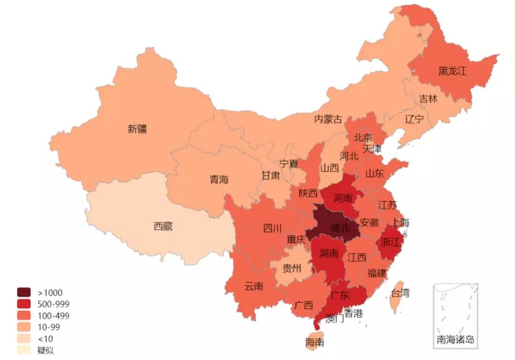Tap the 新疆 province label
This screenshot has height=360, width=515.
(x=137, y=129)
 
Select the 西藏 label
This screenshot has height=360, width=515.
(x=163, y=226)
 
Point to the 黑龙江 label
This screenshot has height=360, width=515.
(x=452, y=72)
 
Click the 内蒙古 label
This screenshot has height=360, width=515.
(x=328, y=119)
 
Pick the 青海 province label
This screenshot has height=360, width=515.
(x=219, y=180)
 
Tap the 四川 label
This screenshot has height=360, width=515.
(x=273, y=228)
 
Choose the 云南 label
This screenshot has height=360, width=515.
(x=254, y=287)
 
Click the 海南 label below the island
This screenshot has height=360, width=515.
(x=315, y=342)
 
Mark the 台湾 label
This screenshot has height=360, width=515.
(x=400, y=293)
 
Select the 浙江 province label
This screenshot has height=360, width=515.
(x=390, y=242)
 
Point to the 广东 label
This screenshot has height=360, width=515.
(x=339, y=296)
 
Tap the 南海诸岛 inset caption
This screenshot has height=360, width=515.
(x=455, y=340)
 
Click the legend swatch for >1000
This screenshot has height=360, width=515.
(x=24, y=292)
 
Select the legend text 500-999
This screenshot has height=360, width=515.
(x=53, y=304)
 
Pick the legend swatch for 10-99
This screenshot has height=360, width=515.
(x=24, y=327)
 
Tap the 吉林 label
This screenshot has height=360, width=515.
(x=428, y=99)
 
